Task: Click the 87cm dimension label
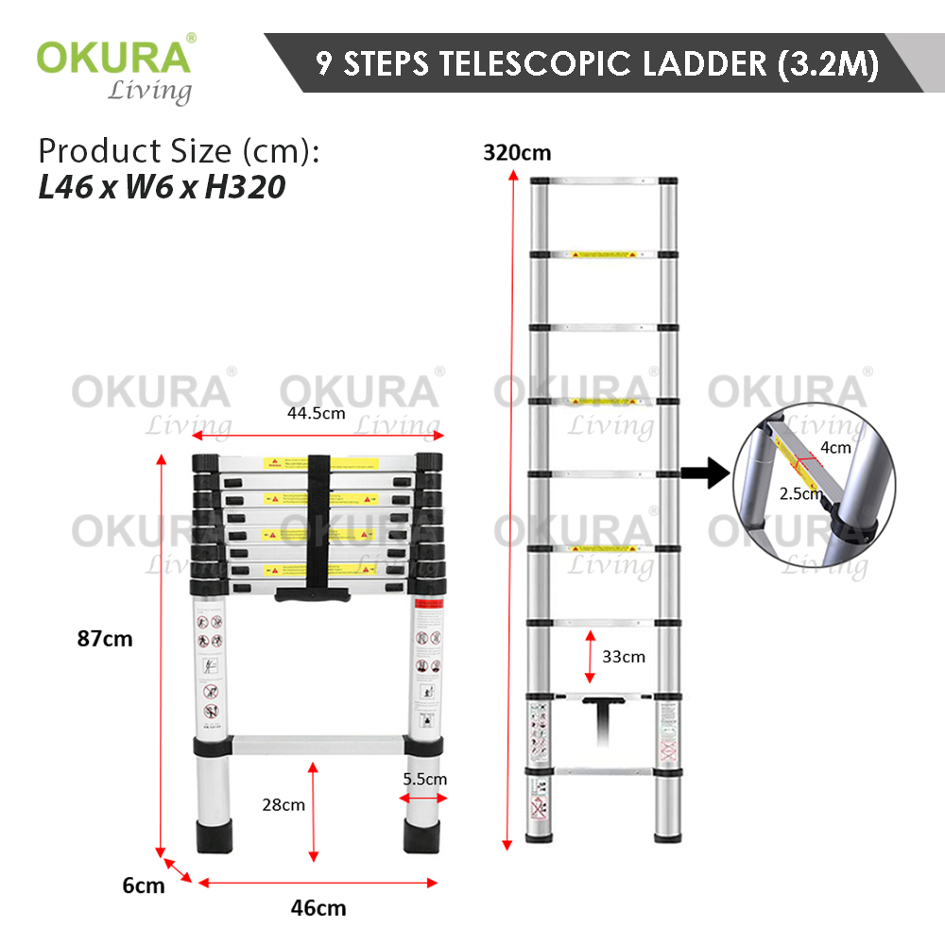click(105, 639)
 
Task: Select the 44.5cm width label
click(318, 414)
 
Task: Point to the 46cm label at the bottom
click(318, 909)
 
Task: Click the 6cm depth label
click(144, 885)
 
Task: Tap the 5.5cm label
click(423, 780)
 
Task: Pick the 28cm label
click(283, 805)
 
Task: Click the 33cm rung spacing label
click(625, 656)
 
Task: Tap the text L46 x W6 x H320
click(162, 188)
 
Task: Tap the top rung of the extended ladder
click(602, 180)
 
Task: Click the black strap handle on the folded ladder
click(318, 529)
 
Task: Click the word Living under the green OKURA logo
click(148, 91)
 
